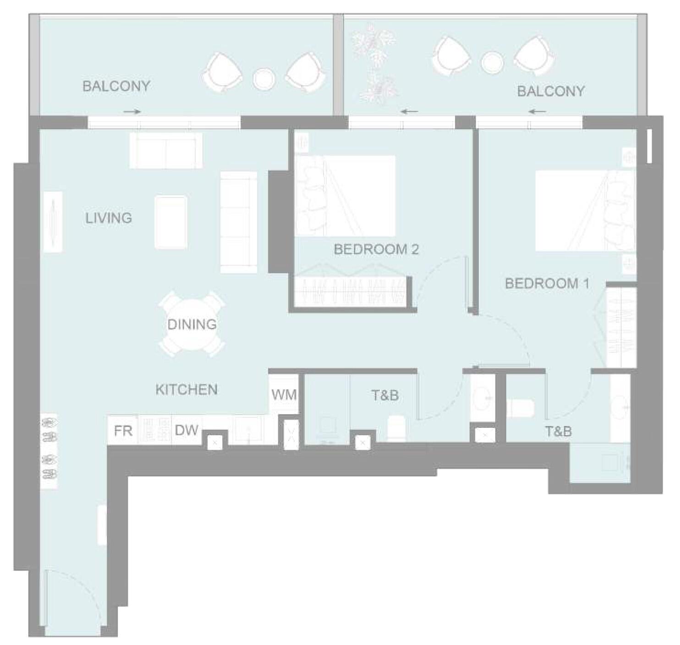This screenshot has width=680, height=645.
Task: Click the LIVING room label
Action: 109,218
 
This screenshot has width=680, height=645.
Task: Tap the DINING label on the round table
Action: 192,324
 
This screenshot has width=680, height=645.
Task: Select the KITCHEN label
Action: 186,389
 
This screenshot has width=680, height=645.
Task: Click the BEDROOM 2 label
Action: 376,249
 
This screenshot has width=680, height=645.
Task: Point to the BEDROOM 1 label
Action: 547,283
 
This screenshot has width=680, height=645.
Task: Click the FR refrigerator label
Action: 123,431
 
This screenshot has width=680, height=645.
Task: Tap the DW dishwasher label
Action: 187,430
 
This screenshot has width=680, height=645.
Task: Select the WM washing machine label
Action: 284,394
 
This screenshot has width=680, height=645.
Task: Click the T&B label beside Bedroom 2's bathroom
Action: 385,395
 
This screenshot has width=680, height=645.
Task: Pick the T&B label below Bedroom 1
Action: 559,431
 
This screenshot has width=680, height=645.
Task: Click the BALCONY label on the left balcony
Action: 116,86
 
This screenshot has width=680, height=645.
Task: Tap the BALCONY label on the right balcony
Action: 551,91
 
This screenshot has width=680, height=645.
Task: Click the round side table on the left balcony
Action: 263,79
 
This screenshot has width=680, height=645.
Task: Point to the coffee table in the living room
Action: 171,222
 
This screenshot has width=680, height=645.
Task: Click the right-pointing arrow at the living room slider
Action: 132,111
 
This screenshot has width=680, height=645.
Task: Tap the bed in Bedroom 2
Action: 345,196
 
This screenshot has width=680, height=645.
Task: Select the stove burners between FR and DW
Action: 154,430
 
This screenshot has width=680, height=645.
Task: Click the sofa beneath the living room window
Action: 166,151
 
